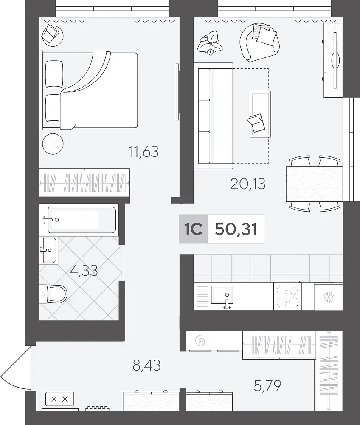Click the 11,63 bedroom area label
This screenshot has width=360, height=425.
(x=144, y=152)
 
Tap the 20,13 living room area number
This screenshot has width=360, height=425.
(x=248, y=184)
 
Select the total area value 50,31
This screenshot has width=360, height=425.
(x=236, y=229)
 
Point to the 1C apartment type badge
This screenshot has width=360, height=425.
(x=193, y=229)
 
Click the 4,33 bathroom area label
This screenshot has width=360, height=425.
(x=84, y=270)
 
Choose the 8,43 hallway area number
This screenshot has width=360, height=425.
(x=146, y=365)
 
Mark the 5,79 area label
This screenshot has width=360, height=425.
(x=267, y=385)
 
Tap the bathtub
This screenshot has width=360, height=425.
(x=82, y=220)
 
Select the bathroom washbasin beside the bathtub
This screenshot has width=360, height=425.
(x=48, y=250)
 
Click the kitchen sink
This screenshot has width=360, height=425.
(x=222, y=295)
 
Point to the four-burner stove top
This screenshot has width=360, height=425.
(x=287, y=296)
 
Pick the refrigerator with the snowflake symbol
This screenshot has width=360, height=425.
(x=329, y=297)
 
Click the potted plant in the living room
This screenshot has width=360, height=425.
(x=210, y=43)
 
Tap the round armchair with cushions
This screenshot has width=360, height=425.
(x=259, y=42)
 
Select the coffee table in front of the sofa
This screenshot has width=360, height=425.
(x=260, y=114)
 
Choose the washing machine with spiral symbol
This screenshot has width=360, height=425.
(x=200, y=341)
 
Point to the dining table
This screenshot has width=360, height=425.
(x=314, y=184)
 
